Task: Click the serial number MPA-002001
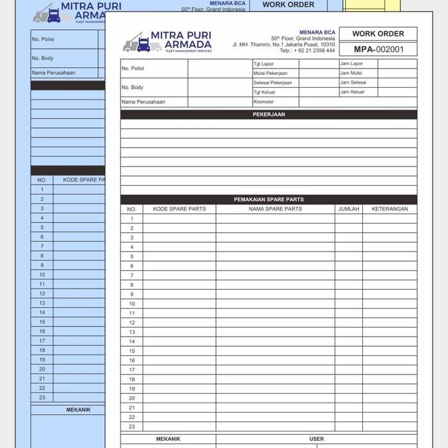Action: coord(378,49)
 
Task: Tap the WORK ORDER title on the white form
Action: coord(378,34)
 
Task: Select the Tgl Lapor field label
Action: coord(264,64)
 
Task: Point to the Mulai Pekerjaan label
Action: coord(272,73)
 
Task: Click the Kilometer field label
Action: coord(264,102)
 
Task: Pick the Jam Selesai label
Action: coord(353,83)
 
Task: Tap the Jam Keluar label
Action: coord(353,92)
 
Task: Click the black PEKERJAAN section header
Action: coord(269,115)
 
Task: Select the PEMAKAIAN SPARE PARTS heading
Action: coord(269,200)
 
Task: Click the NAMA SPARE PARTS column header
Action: coord(275,209)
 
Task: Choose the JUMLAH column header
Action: coord(349,209)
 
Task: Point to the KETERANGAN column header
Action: coord(390,209)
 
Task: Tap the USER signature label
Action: coord(317,439)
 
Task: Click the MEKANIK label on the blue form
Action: coord(78,410)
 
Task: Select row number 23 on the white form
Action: coord(132,426)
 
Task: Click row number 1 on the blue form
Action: coord(42,189)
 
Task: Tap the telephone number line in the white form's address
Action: coord(307,51)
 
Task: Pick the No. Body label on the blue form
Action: coord(42,58)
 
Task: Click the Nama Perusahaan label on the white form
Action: coord(143,102)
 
